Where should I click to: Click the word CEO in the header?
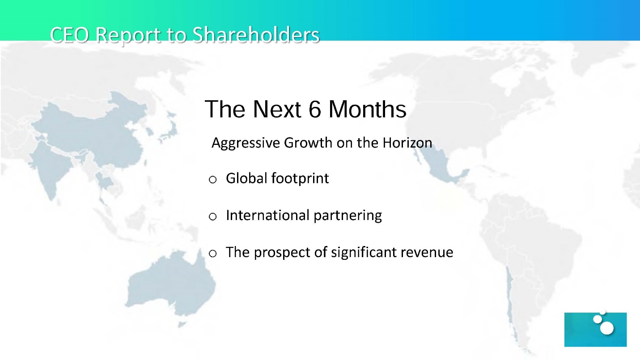click(69, 35)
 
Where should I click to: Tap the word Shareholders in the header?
click(256, 35)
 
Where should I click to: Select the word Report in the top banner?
click(128, 36)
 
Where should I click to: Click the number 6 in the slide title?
click(315, 109)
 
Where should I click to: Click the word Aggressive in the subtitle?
click(246, 143)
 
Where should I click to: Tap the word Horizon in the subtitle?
click(407, 143)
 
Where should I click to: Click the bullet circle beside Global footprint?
click(212, 180)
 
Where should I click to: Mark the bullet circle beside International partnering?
click(212, 216)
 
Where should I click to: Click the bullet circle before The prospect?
click(212, 254)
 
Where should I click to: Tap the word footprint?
click(300, 178)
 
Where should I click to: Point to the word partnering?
click(348, 216)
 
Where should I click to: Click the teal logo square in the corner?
click(595, 330)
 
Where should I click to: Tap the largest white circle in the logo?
click(607, 328)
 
